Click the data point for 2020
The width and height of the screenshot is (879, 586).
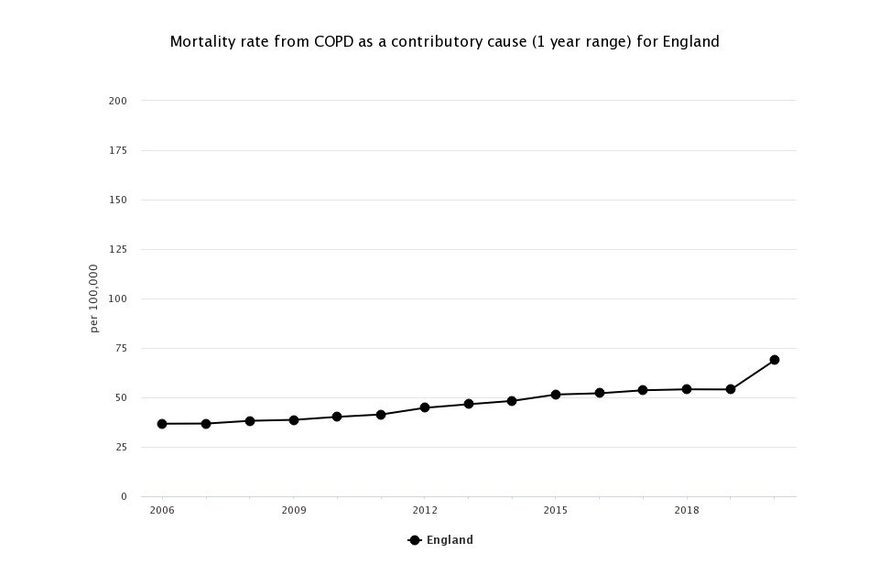coord(775,360)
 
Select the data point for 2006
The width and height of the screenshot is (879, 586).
coord(162,424)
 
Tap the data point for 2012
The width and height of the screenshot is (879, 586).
coord(425,407)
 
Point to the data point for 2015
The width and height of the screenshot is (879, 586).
coord(556,395)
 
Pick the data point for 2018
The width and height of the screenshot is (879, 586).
coord(687,389)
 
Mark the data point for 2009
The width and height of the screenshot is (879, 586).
coord(294,420)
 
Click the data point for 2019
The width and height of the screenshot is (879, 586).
coord(731,389)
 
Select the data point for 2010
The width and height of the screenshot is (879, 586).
coord(337,417)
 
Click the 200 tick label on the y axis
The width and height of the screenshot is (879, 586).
coord(117,101)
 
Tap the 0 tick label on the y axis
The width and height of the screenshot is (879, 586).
coord(124,497)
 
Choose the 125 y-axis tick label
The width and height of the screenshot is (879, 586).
coord(117,249)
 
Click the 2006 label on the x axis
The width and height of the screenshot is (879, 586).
coord(162,510)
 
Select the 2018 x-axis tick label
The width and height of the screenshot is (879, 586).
coord(687,510)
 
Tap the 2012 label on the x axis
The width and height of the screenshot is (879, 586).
coord(425,510)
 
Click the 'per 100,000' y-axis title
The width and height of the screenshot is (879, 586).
coord(94,298)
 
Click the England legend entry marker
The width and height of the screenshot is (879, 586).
coord(415,540)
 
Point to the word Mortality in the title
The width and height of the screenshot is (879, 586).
coord(201,42)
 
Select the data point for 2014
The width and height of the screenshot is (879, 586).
coord(512,401)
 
